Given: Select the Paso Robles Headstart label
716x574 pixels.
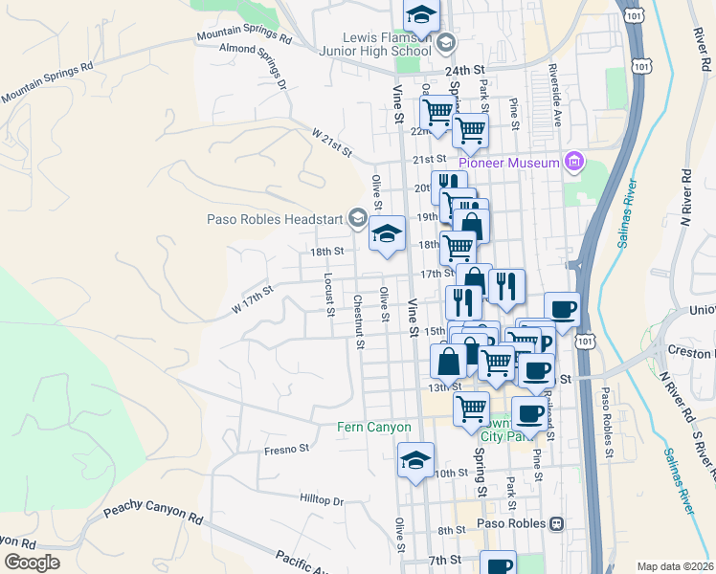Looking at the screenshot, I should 275,219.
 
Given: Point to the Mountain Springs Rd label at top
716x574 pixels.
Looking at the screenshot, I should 243,36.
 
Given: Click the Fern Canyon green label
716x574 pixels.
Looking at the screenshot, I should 373,428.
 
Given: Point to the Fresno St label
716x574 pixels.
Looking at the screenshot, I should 287,448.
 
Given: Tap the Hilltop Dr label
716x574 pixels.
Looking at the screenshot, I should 321,500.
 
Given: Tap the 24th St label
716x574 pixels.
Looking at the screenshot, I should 465,70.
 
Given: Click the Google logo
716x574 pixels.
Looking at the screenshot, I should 32,563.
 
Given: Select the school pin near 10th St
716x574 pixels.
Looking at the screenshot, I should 415,460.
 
